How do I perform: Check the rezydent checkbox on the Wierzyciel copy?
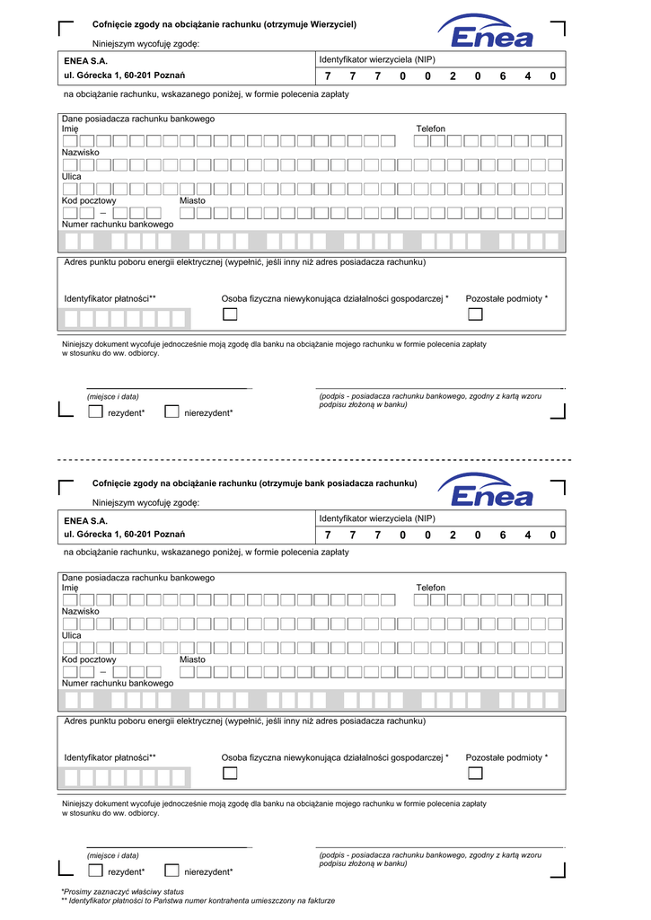pyautogui.click(x=95, y=411)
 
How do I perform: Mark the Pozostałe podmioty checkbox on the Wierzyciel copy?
pyautogui.click(x=475, y=314)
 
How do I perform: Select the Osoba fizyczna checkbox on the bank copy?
pyautogui.click(x=231, y=773)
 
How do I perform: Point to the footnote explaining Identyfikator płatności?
pyautogui.click(x=198, y=900)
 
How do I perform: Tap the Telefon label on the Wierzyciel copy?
pyautogui.click(x=430, y=129)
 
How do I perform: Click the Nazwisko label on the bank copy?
pyautogui.click(x=80, y=611)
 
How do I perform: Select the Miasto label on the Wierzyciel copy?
pyautogui.click(x=192, y=200)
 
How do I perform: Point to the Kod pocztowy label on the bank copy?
pyautogui.click(x=89, y=659)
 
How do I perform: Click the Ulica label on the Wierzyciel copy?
pyautogui.click(x=71, y=176)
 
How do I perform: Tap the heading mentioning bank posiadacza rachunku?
pyautogui.click(x=255, y=483)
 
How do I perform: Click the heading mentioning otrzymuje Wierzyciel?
pyautogui.click(x=224, y=24)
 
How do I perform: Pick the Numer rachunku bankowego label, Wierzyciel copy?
pyautogui.click(x=117, y=224)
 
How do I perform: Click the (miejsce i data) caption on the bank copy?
pyautogui.click(x=113, y=855)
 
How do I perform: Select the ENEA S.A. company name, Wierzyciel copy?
pyautogui.click(x=85, y=60)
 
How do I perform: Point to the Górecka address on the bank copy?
pyautogui.click(x=124, y=535)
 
